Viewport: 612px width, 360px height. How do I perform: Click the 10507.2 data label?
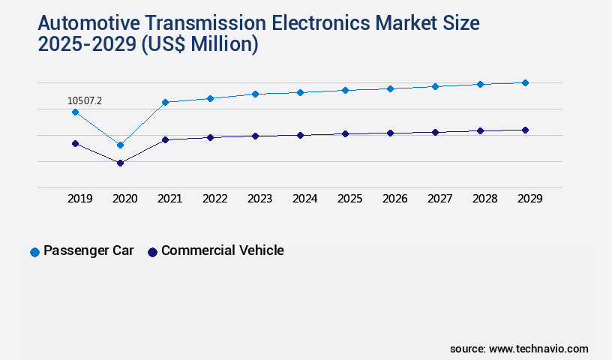coord(85,100)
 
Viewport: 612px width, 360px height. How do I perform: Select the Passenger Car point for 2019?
coord(75,112)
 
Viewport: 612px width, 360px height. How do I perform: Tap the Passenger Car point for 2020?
coord(120,145)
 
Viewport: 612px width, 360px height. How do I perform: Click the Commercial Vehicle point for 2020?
coord(120,163)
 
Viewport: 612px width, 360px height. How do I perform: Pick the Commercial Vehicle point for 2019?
coord(75,143)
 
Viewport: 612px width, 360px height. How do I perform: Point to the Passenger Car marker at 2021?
coord(165,102)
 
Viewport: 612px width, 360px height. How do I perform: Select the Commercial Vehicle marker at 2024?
coord(300,135)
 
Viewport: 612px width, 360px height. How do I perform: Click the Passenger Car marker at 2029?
coord(525,82)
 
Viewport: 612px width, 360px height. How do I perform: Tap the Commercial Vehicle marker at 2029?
coord(525,130)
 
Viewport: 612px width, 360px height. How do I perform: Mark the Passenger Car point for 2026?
coord(390,88)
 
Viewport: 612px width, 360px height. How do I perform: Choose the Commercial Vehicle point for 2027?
coord(435,132)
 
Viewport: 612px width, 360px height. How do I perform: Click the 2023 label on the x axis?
coord(260,199)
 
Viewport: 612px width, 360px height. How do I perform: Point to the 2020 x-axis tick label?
coord(125,199)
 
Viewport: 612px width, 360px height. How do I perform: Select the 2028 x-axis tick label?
coord(485,199)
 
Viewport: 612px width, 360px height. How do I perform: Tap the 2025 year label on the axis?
coord(350,199)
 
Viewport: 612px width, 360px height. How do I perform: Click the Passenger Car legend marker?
coord(34,252)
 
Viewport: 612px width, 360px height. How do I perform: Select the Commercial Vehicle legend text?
coord(222,250)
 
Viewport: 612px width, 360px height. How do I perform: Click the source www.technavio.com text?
coord(519,349)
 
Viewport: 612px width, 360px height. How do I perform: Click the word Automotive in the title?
coord(85,22)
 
